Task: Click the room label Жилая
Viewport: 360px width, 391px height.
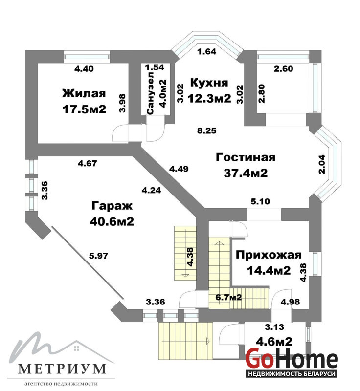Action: [84, 93]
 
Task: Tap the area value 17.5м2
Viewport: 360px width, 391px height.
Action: [84, 109]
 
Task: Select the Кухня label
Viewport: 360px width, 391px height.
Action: [209, 83]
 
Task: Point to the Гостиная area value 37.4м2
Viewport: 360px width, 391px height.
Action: [246, 173]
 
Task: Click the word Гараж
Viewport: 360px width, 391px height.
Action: [112, 206]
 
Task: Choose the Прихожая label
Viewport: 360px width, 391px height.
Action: [269, 255]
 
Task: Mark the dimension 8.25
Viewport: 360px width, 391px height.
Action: [206, 130]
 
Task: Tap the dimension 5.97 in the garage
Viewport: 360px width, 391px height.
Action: [99, 256]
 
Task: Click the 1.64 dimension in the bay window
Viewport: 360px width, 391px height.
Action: [206, 52]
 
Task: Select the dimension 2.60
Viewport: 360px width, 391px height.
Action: [283, 69]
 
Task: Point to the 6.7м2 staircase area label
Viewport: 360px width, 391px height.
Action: [228, 297]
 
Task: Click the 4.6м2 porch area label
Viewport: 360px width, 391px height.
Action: [274, 341]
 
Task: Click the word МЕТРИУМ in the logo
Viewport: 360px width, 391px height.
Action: [62, 369]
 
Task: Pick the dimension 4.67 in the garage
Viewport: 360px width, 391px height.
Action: [88, 163]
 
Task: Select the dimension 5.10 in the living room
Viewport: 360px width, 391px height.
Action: [260, 201]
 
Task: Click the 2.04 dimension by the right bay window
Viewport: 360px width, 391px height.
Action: [321, 164]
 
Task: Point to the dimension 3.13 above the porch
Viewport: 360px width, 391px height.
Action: [274, 326]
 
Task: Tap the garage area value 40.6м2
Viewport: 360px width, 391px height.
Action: [112, 221]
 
